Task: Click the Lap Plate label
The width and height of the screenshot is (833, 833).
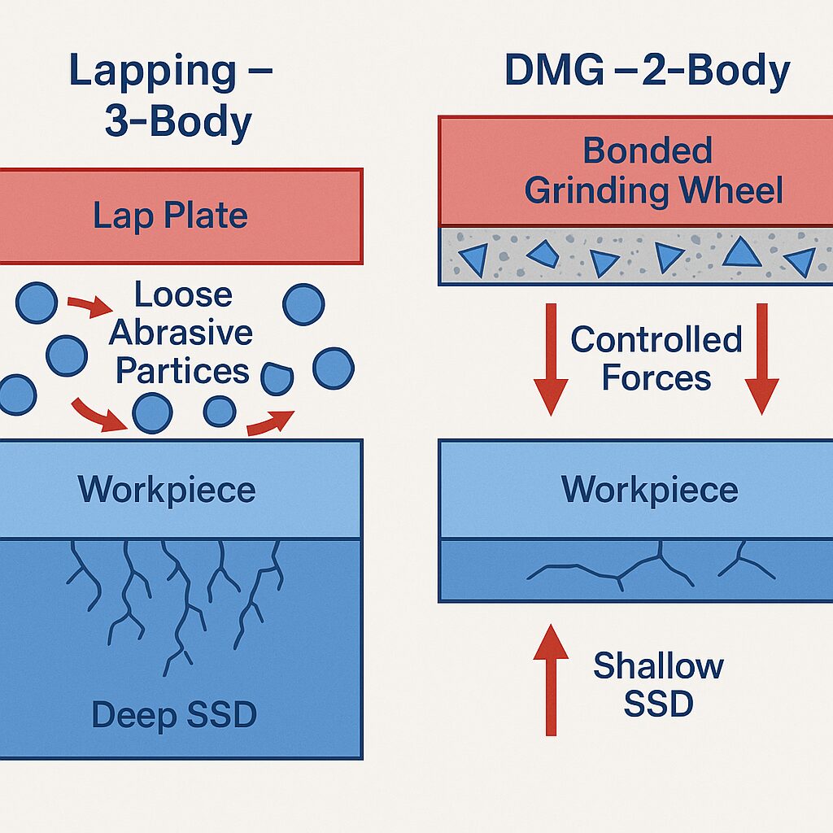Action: (x=170, y=216)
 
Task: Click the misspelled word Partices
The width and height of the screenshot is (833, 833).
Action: (x=182, y=370)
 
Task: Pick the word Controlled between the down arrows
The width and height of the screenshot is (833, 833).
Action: (x=656, y=339)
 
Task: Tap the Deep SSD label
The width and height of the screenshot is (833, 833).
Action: (x=173, y=715)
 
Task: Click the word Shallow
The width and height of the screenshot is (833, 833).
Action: (x=658, y=665)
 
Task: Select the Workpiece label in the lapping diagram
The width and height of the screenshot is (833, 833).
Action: (x=167, y=490)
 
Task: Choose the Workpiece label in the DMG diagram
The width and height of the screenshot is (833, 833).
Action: (x=650, y=490)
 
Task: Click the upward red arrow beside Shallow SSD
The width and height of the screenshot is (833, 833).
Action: (x=551, y=679)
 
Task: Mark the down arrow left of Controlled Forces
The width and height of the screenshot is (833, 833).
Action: (x=551, y=358)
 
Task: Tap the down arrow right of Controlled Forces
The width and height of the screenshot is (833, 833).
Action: (x=762, y=358)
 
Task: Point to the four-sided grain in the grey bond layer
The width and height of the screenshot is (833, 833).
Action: (x=543, y=255)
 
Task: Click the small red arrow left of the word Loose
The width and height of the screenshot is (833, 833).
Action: (x=89, y=307)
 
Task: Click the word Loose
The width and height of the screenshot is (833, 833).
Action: (x=183, y=294)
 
